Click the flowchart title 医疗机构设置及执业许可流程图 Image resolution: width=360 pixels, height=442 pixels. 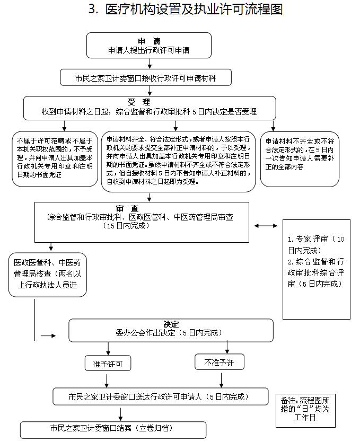coord(186,10)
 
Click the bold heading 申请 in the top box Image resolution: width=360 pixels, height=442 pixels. coord(149,41)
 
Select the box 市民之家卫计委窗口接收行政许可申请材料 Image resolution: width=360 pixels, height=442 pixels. coord(146,78)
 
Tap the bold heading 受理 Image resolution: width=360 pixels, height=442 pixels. coord(139,102)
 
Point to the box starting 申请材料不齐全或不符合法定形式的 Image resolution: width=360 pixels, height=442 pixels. coord(300,158)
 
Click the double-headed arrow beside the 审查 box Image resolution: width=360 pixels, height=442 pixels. coord(266,226)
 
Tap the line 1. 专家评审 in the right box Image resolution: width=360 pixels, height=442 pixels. coord(316,244)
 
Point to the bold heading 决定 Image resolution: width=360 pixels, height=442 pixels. coord(171,324)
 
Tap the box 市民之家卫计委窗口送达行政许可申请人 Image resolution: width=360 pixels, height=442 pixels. coord(158,396)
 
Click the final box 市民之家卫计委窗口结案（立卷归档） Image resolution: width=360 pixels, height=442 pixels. coord(112,428)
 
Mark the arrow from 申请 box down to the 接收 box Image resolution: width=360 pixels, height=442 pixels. coord(150,64)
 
